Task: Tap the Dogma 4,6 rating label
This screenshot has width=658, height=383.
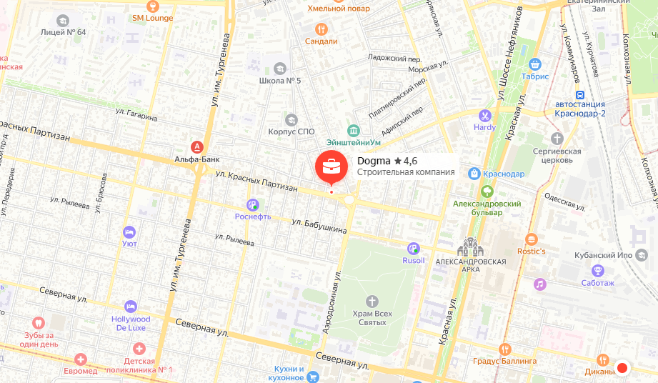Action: (387, 161)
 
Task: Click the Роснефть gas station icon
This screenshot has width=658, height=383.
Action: (252, 204)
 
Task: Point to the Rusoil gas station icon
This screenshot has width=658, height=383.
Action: (413, 248)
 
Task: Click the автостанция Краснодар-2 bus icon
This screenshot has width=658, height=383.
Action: (580, 94)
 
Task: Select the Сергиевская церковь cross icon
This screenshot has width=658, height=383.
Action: (557, 138)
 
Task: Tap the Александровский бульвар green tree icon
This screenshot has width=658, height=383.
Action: (487, 191)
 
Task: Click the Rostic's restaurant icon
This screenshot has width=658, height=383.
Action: (531, 239)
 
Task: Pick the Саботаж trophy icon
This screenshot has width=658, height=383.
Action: (598, 269)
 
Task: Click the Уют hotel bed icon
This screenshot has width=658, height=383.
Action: (129, 232)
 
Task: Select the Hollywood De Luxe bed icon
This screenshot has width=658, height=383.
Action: (130, 306)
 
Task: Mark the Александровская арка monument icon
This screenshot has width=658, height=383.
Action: (472, 247)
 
